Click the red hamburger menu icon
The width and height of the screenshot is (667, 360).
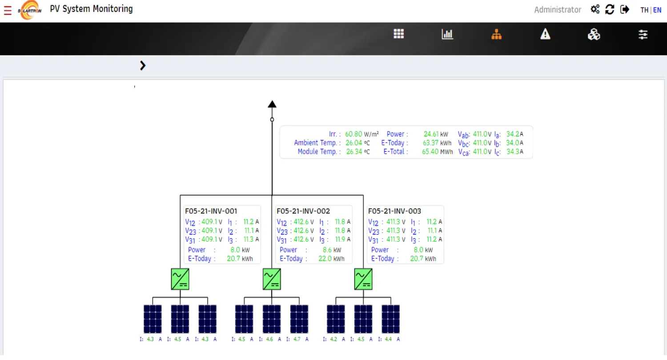pos(8,10)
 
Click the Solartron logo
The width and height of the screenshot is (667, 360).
pos(30,10)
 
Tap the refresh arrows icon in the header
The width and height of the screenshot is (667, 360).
pos(610,9)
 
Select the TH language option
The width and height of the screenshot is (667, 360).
pos(644,10)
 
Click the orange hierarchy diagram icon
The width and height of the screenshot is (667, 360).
pos(496,35)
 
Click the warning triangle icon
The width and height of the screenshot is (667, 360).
pos(545,34)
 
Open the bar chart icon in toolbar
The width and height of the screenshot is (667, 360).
pos(447,34)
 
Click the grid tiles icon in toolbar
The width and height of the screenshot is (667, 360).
pos(399,34)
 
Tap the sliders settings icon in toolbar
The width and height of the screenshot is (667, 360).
pos(643,35)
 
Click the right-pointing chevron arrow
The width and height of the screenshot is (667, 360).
pos(143,65)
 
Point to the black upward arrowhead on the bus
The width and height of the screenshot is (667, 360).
pos(272,104)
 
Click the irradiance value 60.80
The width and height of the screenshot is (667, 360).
pos(354,134)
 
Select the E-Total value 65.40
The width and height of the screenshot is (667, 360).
pos(430,152)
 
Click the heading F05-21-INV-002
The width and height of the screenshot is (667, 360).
pos(303,211)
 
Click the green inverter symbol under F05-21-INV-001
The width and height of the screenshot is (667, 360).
pos(180,279)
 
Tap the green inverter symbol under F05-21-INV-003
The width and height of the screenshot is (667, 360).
pos(363,279)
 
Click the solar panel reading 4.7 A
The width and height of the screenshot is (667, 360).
pos(297,339)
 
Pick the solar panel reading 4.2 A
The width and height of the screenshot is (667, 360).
pos(334,339)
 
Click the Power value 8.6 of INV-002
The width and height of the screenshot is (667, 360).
pos(327,250)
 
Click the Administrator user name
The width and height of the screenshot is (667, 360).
pos(558,10)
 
